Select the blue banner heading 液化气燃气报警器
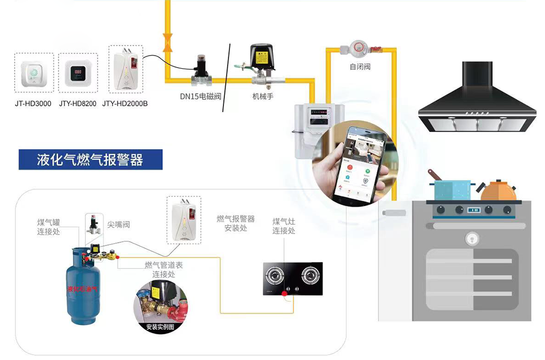point(90,160)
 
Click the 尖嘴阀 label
point(118,224)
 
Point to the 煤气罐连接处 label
point(49,227)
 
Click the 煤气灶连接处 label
point(284,226)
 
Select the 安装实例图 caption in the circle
point(160,327)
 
